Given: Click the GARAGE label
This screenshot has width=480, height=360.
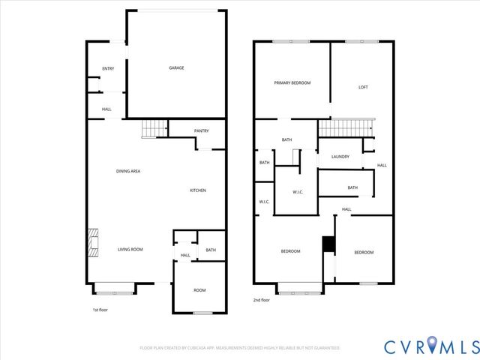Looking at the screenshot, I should [x=176, y=68].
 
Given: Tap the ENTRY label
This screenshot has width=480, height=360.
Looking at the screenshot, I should [x=107, y=69].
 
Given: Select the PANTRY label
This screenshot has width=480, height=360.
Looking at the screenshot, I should [x=201, y=131].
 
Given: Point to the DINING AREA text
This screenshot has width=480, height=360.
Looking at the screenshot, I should [x=128, y=171].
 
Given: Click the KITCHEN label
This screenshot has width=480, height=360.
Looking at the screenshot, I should [x=197, y=190].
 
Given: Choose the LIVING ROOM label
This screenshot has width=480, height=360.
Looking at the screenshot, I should [x=130, y=250].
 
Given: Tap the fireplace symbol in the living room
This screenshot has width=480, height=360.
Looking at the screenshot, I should [x=91, y=244].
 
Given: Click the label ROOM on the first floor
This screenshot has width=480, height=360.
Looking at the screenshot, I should [x=199, y=290].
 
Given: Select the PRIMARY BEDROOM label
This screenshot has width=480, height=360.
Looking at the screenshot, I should [x=292, y=83].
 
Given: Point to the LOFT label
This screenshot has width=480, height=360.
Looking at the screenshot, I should [x=363, y=88].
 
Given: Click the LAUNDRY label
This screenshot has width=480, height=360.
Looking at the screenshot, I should [x=340, y=157].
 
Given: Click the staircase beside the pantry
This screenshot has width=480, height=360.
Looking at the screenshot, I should [x=154, y=129].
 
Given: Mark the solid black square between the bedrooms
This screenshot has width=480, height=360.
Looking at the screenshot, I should [x=327, y=244].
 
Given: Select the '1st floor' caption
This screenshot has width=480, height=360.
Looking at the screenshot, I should [x=100, y=309].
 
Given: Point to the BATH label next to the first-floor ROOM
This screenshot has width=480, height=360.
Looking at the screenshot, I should [x=211, y=250].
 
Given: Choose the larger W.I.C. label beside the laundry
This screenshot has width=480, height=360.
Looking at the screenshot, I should [x=297, y=192].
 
